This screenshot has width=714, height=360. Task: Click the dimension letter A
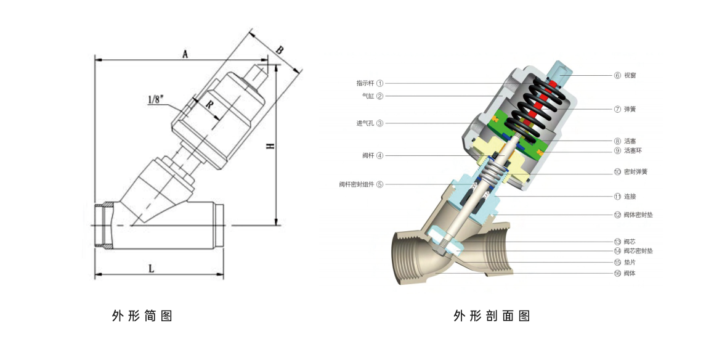[x=184, y=54]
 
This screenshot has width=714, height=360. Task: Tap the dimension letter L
[x=152, y=267]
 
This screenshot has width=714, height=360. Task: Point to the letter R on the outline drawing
[x=209, y=105]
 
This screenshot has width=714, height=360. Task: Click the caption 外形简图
[x=142, y=316]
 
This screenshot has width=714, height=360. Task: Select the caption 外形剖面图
[x=492, y=316]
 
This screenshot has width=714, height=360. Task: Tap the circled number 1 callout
[x=380, y=83]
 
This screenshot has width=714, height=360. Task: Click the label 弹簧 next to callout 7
[x=630, y=109]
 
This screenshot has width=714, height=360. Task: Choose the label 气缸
[x=368, y=96]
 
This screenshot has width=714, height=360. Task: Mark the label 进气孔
[x=365, y=123]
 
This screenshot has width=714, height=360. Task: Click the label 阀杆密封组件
[x=357, y=184]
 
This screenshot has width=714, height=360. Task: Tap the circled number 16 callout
[x=617, y=273]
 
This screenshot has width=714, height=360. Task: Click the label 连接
[x=630, y=197]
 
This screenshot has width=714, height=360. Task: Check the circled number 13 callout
[x=617, y=242]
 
